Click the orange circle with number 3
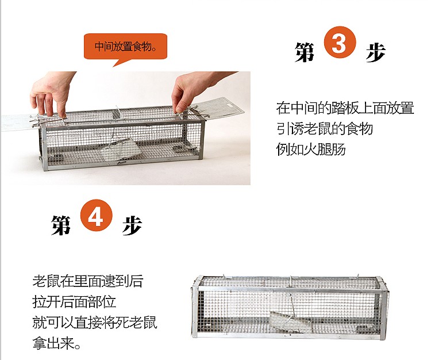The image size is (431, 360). click(340, 42)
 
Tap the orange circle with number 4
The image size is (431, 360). click(96, 215)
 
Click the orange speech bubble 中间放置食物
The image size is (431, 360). click(125, 48)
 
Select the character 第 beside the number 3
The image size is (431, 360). click(304, 52)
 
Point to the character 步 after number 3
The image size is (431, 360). click(376, 52)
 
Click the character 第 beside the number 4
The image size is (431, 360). click(61, 225)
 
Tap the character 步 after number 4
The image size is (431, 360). click(132, 225)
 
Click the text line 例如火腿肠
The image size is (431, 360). click(310, 150)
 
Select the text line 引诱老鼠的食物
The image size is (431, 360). click(324, 129)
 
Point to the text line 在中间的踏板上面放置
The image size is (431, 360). click(345, 108)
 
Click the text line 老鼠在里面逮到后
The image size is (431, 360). click(88, 281)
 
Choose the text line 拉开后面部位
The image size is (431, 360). click(74, 302)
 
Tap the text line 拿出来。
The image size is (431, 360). click(57, 343)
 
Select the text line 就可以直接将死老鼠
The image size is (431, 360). click(95, 322)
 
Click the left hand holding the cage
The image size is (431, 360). click(52, 94)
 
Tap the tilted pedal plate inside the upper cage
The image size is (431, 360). click(121, 150)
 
